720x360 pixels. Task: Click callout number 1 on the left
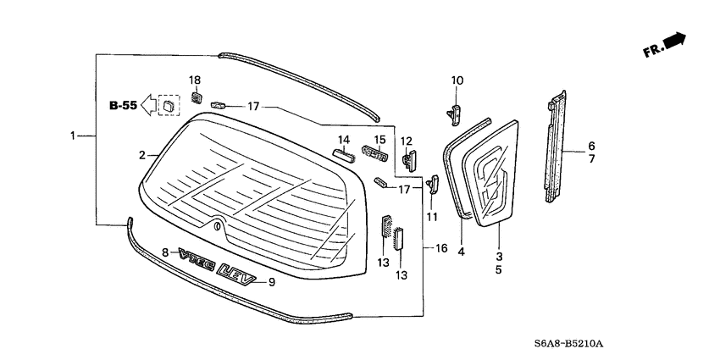(x=74, y=136)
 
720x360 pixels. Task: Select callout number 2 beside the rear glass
(x=143, y=155)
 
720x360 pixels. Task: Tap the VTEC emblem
(x=195, y=258)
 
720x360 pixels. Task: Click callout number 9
(x=271, y=283)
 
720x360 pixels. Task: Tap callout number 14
(x=344, y=140)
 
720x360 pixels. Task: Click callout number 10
(x=457, y=80)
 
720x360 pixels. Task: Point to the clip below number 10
(x=455, y=109)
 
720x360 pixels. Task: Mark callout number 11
(x=433, y=217)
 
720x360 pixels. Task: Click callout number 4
(x=462, y=252)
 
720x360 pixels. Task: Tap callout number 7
(x=591, y=159)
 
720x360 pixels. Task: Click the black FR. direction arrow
(x=673, y=41)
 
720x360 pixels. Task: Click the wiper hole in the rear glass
(x=218, y=225)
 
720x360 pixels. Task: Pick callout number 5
(x=498, y=269)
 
